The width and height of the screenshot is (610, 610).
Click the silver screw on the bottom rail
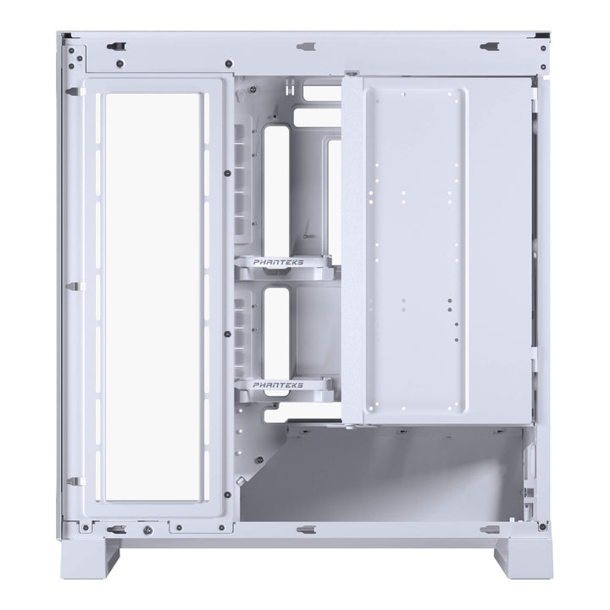pos(147,532)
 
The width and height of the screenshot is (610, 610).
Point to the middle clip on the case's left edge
pos(71,286)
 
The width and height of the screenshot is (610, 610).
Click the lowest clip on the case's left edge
pos(71,481)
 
